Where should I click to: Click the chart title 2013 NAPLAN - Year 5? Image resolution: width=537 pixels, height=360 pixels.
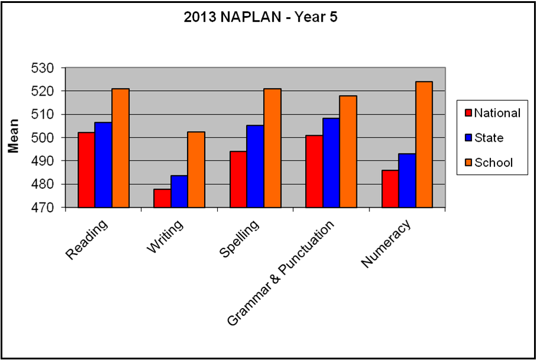[x=261, y=17]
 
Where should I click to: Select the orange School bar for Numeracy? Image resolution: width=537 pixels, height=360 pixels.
[x=424, y=145]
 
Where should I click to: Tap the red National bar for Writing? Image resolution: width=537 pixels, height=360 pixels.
[x=162, y=198]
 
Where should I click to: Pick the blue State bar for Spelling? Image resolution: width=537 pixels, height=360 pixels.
[x=256, y=166]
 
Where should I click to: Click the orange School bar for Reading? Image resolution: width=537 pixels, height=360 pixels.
[x=120, y=148]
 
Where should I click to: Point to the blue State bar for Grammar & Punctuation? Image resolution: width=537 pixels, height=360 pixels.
[x=331, y=163]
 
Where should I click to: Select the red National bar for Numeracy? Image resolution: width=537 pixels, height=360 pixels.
[x=391, y=189]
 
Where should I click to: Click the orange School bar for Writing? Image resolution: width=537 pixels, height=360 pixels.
[x=197, y=169]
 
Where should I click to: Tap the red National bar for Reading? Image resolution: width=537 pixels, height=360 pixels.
[x=86, y=170]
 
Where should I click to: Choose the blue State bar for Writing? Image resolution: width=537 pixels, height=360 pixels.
[x=179, y=191]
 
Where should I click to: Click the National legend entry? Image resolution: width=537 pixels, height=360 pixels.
[x=493, y=113]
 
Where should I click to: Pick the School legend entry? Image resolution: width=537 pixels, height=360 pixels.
[x=489, y=162]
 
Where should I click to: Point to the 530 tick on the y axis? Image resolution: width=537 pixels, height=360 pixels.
[x=42, y=68]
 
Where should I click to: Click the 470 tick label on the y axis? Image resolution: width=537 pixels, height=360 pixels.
[x=42, y=208]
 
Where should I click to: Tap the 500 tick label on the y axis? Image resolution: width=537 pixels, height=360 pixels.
[x=42, y=138]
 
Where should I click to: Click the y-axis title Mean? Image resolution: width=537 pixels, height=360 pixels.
[x=14, y=136]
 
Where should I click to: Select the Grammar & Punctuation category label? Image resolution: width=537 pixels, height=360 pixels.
[x=280, y=273]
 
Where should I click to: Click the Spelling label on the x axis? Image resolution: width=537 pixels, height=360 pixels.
[x=239, y=238]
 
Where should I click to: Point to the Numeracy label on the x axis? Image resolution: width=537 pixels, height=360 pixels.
[x=385, y=243]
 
